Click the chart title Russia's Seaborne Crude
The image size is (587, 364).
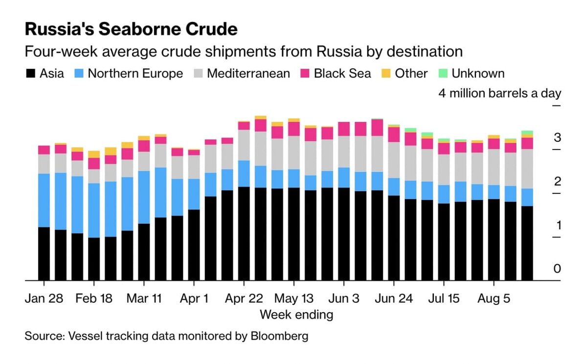tap(131, 30)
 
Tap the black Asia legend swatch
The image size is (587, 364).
tap(31, 74)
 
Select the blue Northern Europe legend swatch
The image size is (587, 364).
tap(79, 74)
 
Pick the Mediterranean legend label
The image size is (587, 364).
tap(248, 74)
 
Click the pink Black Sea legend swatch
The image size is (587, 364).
tap(305, 74)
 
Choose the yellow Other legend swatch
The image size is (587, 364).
tap(386, 74)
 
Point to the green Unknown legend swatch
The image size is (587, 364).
tap(443, 74)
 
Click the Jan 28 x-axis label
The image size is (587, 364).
tap(44, 298)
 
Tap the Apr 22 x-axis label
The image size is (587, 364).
tap(244, 298)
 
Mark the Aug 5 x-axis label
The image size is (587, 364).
tap(494, 298)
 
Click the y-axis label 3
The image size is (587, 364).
tap(557, 137)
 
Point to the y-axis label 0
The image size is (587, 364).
tap(557, 269)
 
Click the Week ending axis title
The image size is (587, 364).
tap(296, 314)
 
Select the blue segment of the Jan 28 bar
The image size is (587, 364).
tap(44, 200)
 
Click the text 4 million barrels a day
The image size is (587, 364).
tap(500, 93)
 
